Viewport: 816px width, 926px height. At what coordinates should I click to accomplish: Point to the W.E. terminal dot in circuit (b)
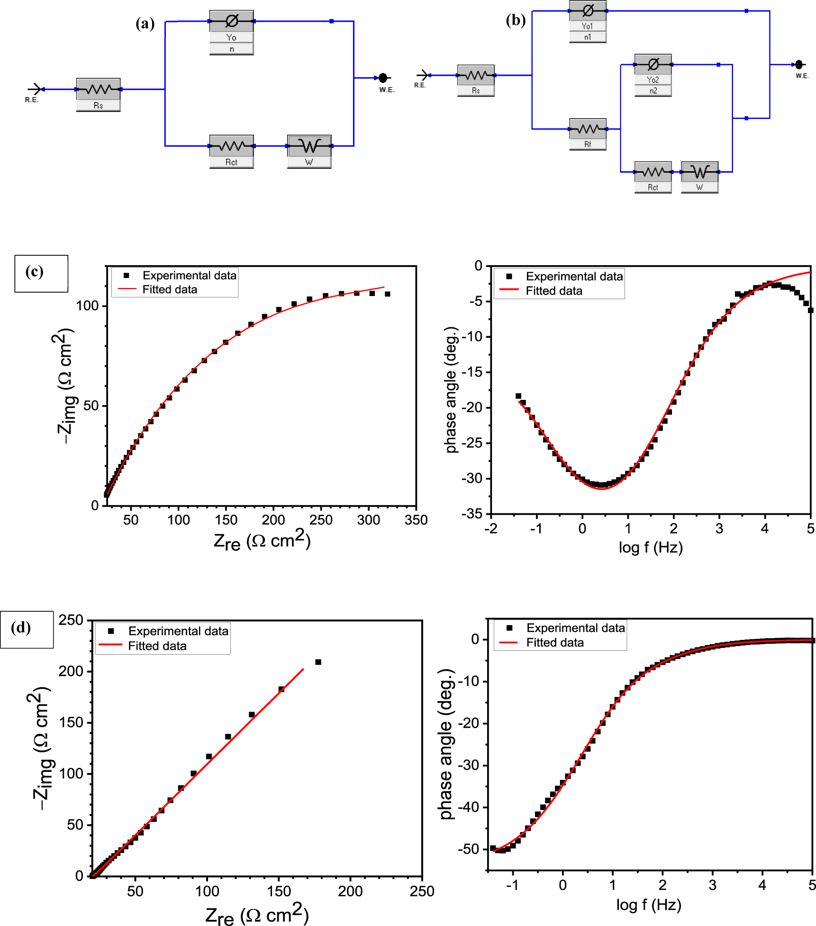pos(798,65)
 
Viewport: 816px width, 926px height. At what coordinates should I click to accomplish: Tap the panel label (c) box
pos(41,273)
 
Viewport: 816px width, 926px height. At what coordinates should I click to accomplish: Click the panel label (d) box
pos(27,629)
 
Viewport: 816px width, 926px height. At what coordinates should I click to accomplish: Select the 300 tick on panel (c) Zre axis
pos(368,520)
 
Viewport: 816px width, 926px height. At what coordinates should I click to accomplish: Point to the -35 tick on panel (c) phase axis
pos(472,514)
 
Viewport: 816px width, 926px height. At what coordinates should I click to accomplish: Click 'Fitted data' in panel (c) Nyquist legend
pos(170,289)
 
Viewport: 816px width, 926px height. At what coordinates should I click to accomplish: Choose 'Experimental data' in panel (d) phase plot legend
pos(575,628)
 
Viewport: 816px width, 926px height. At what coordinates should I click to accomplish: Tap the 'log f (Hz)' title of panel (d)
pos(648,904)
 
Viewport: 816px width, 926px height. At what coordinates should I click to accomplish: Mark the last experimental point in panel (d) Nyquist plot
pos(318,662)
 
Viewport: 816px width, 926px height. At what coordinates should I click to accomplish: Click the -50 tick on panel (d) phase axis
pos(469,849)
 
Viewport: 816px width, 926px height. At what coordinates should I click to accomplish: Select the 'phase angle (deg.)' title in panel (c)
pos(452,390)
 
